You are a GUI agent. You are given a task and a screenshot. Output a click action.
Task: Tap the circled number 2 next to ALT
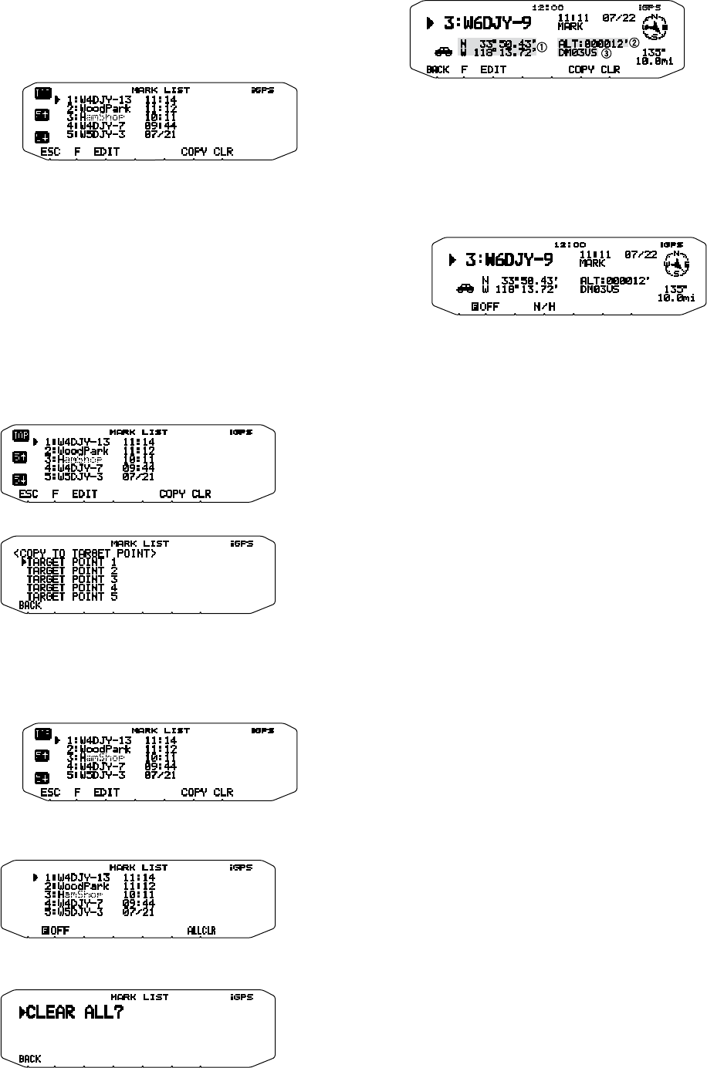[634, 42]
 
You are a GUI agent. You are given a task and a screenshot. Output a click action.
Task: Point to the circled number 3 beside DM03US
[606, 53]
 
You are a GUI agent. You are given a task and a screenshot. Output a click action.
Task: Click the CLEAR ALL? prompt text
[74, 1012]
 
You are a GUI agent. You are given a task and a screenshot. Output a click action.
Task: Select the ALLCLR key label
[201, 931]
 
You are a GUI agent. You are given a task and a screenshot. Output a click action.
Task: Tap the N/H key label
[544, 306]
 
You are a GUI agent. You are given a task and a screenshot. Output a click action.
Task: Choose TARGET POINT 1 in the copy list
[71, 563]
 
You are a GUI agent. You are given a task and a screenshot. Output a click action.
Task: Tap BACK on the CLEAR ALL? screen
[30, 1059]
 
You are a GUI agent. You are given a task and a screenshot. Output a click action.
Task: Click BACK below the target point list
[30, 606]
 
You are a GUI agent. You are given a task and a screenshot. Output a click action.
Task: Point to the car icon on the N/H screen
[464, 288]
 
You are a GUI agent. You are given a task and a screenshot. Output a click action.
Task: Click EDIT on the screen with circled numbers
[493, 69]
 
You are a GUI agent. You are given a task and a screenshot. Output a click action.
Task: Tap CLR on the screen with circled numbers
[610, 69]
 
